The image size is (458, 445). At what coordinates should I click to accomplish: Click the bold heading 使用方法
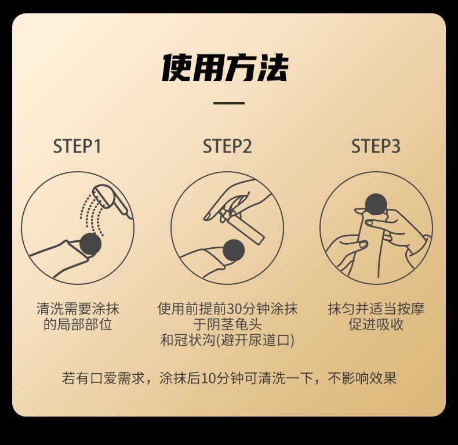[225, 68]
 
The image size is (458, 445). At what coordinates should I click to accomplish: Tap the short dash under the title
[228, 103]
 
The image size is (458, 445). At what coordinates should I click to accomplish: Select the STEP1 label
[78, 146]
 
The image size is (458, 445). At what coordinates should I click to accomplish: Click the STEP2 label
[227, 146]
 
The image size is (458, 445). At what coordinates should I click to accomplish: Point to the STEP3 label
[376, 146]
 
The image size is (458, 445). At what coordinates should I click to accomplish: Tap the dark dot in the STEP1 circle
[90, 244]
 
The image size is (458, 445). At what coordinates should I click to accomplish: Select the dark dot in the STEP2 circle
[234, 250]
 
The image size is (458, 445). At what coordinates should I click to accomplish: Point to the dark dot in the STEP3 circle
[376, 204]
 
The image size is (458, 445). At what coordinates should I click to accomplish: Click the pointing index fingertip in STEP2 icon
[207, 217]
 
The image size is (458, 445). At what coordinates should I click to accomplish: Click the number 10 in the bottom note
[209, 378]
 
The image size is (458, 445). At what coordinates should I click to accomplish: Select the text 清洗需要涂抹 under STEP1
[78, 309]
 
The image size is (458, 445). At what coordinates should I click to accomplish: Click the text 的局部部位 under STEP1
[78, 324]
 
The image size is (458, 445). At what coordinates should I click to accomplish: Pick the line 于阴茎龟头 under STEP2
[227, 324]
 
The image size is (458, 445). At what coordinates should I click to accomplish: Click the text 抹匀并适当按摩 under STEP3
[376, 309]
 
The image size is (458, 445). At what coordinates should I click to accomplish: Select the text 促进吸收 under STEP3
[376, 324]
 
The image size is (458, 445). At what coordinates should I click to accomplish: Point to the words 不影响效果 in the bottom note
[362, 378]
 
